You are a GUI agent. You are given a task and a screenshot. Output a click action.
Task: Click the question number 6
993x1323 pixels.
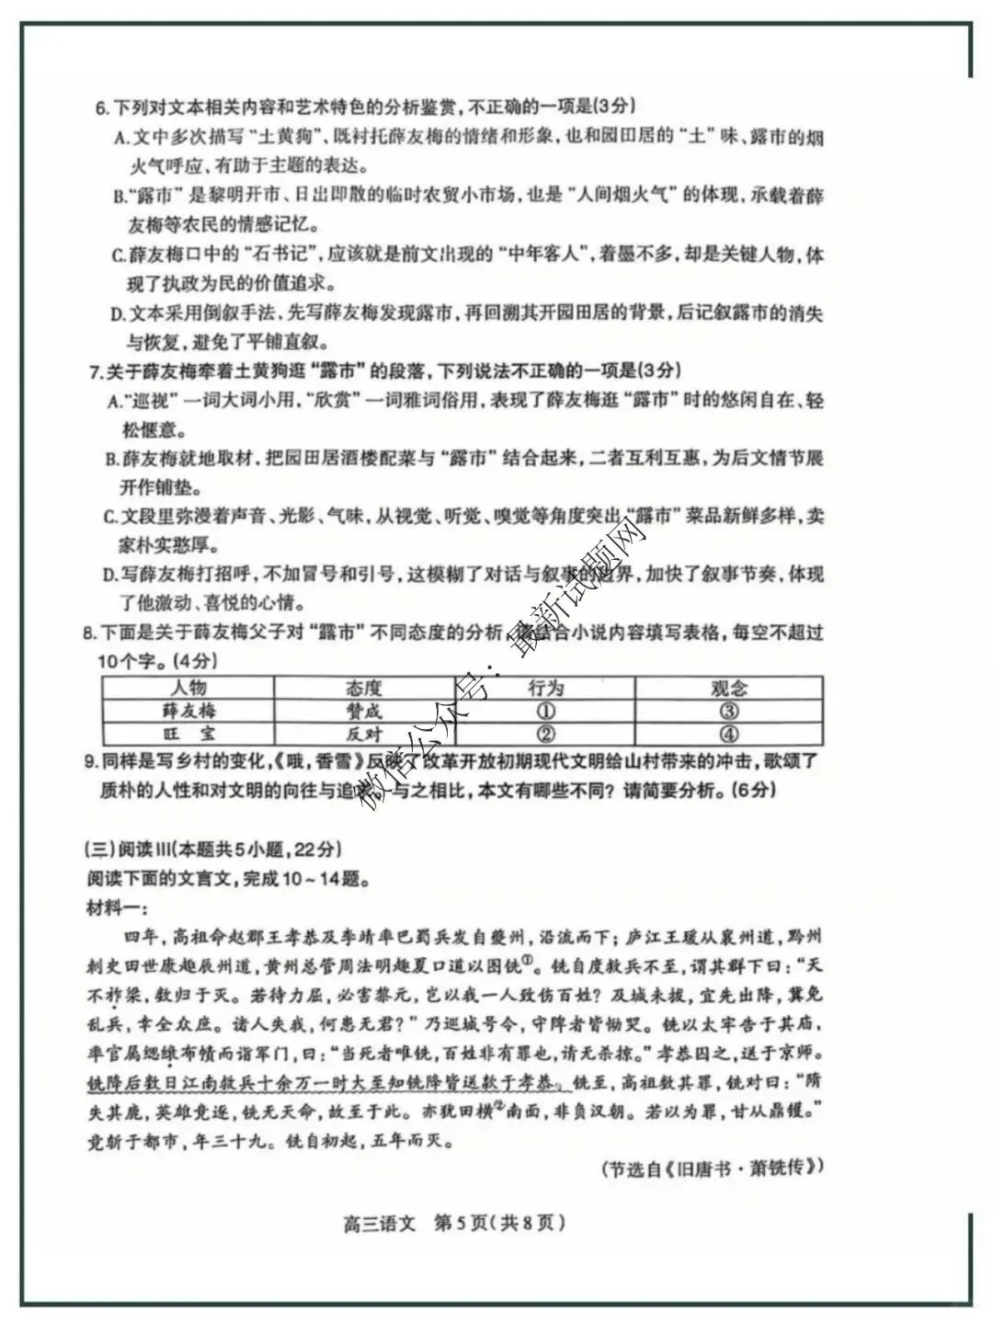101,108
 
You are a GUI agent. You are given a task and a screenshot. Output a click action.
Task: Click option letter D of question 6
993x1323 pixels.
118,314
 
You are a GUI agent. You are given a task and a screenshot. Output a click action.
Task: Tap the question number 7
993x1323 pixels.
95,371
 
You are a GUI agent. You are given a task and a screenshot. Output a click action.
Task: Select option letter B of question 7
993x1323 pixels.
111,459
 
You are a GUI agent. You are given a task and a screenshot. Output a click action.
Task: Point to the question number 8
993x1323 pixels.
88,633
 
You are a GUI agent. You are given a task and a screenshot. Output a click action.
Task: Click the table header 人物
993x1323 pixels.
188,688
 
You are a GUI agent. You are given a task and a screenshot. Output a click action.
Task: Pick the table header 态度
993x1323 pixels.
364,688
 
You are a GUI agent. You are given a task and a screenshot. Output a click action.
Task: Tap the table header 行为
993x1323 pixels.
545,688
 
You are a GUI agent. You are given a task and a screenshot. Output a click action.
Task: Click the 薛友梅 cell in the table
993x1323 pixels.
188,711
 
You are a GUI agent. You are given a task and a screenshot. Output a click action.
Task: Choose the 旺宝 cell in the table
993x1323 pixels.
188,734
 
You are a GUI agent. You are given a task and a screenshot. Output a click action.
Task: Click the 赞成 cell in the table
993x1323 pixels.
364,711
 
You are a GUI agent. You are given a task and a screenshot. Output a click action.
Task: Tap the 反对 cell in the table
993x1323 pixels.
364,734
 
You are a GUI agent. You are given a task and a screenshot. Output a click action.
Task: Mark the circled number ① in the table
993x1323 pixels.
545,711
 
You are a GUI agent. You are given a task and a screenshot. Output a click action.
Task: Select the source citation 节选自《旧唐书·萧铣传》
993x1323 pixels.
712,1168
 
